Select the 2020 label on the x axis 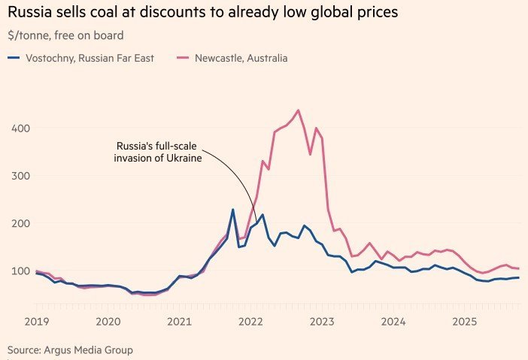108,322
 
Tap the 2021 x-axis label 179,322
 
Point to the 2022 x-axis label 251,322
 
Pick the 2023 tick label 323,322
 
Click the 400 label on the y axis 21,129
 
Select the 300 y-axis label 21,176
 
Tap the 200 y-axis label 21,223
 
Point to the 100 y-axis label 21,271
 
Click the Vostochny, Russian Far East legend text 90,58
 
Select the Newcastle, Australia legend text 241,58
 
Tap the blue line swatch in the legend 14,58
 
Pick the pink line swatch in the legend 183,58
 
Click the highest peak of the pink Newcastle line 299,110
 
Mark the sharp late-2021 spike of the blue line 232,210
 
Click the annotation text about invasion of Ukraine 159,152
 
